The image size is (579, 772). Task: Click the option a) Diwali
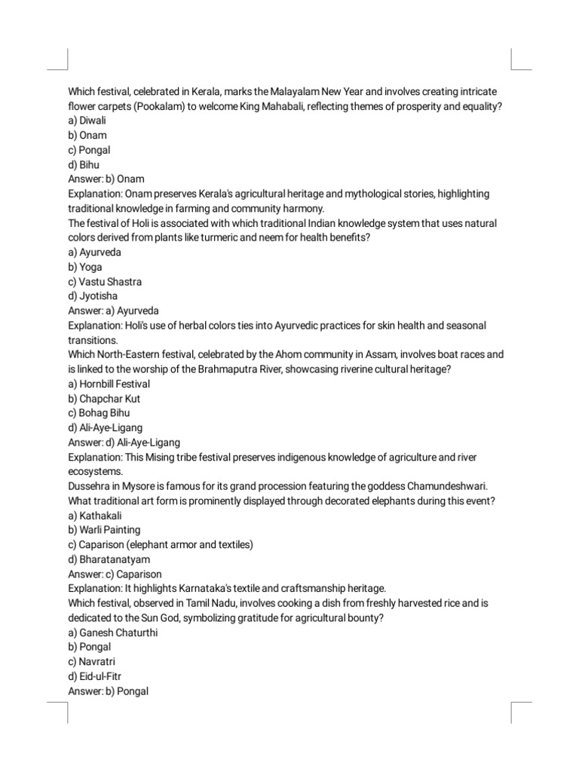click(87, 121)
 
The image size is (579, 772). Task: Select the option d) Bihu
click(84, 164)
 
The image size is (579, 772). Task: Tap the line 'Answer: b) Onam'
click(106, 179)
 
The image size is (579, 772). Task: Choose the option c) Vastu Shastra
click(105, 281)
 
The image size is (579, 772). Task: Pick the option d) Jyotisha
click(93, 296)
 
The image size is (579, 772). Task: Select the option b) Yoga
click(85, 267)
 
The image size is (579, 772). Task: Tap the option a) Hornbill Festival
click(109, 384)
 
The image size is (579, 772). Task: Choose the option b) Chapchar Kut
click(104, 398)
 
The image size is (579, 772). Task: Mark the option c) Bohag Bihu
click(99, 413)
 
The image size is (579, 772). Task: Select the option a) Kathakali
click(96, 516)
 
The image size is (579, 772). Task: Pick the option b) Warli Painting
click(104, 530)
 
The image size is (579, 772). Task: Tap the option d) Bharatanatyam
click(109, 559)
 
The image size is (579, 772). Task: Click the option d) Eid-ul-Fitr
click(94, 676)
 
